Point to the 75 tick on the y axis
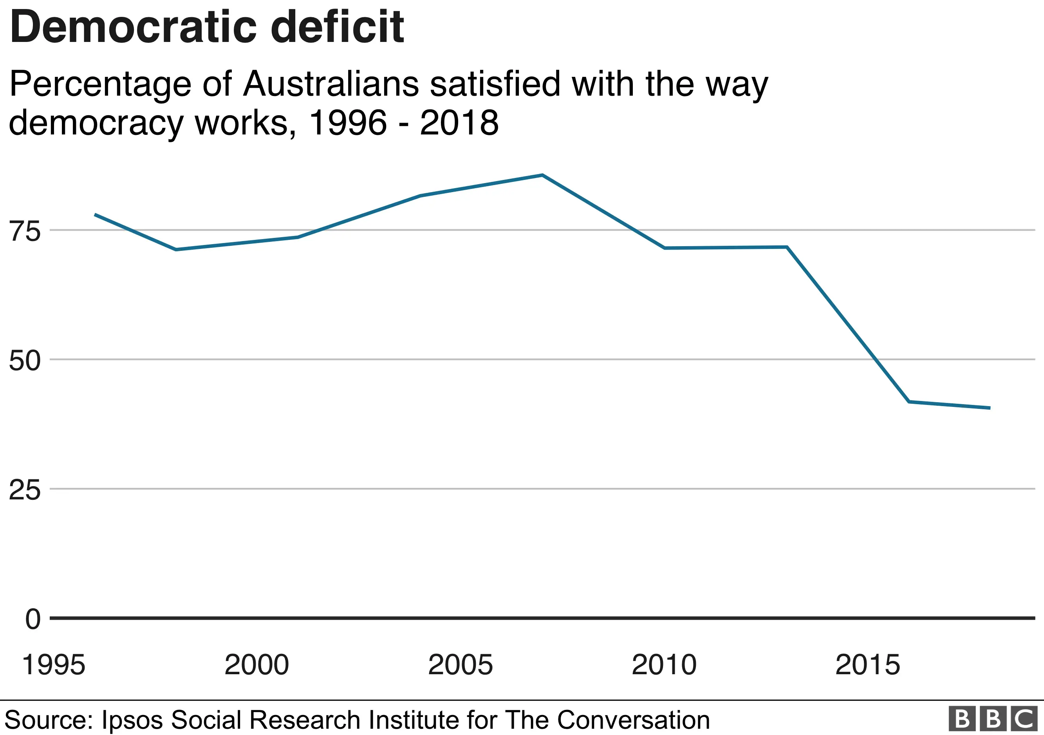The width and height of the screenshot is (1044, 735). pyautogui.click(x=25, y=231)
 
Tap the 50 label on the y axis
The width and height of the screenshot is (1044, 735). pyautogui.click(x=25, y=361)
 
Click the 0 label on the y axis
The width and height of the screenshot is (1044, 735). pyautogui.click(x=33, y=619)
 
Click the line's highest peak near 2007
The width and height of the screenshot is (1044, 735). pyautogui.click(x=542, y=175)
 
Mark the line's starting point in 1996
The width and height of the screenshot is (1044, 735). pyautogui.click(x=95, y=214)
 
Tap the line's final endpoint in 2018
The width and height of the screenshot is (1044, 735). pyautogui.click(x=990, y=408)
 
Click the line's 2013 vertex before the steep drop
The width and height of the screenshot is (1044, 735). pyautogui.click(x=786, y=247)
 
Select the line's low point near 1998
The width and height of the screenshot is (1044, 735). pyautogui.click(x=176, y=249)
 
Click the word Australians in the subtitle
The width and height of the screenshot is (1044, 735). pyautogui.click(x=331, y=84)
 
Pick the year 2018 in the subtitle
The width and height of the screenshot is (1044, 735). pyautogui.click(x=459, y=123)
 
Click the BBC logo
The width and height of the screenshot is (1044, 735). pyautogui.click(x=993, y=719)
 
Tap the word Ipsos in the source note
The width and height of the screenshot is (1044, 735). pyautogui.click(x=132, y=720)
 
